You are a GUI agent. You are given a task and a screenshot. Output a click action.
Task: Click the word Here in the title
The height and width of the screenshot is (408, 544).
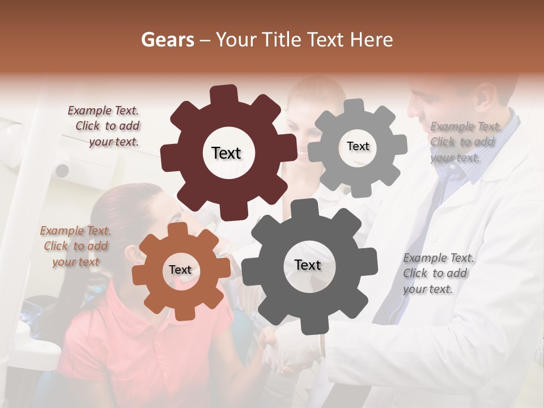(371, 40)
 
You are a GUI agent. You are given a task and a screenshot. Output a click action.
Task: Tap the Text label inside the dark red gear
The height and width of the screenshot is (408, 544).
(226, 153)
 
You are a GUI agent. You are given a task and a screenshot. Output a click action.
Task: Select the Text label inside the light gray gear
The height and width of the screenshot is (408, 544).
(358, 146)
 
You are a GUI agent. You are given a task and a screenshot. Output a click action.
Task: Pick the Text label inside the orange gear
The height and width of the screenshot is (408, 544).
(180, 270)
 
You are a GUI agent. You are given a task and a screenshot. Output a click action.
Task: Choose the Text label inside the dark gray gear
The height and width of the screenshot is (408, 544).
(308, 265)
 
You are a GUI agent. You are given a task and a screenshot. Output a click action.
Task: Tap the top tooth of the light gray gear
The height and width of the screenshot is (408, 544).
(354, 107)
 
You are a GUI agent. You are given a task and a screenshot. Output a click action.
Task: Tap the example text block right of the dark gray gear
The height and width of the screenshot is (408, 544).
(437, 273)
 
